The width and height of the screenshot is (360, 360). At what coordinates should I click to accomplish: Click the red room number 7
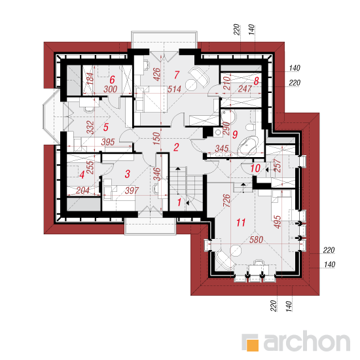coord(176,75)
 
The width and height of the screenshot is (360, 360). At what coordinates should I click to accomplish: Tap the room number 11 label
coord(241,223)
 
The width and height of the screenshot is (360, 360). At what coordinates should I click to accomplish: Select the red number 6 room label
coord(112,80)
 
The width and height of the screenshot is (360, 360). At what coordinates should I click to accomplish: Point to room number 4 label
coord(82,175)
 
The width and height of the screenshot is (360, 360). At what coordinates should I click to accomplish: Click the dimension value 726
coord(226,200)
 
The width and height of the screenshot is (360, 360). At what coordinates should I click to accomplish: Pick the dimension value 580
coord(256,240)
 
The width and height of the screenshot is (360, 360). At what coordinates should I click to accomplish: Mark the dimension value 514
coord(174,89)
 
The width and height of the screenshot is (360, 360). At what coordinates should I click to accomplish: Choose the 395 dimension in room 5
coord(108,142)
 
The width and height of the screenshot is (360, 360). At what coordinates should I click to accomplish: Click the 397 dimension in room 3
coord(132,190)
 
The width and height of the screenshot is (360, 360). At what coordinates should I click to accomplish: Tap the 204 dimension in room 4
coord(82,190)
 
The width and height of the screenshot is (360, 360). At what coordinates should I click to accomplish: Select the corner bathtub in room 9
coord(248,145)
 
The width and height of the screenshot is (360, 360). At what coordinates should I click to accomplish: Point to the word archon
coord(307,341)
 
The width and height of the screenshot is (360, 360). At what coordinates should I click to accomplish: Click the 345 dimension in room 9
coord(222,149)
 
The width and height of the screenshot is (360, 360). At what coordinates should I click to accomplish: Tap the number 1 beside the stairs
coord(179,202)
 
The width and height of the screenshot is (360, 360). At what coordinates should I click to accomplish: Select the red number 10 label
coord(255,168)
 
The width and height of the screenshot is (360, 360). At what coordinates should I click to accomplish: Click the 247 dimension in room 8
coord(245,88)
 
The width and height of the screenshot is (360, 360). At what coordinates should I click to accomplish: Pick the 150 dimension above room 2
coord(156,138)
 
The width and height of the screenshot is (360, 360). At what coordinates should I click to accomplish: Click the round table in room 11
coord(236,251)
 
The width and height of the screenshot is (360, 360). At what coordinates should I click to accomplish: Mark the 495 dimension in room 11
coord(278,222)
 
